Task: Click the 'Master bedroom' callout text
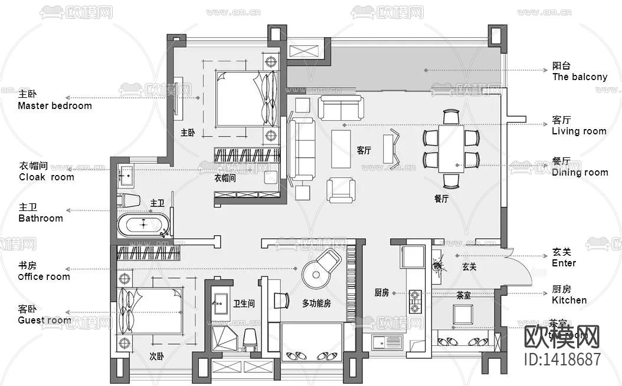pos(54,106)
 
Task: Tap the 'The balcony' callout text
pos(579,77)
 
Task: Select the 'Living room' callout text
pos(578,131)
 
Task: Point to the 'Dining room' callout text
pos(580,172)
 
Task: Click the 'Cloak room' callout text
pos(46,177)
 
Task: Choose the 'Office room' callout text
pos(44,276)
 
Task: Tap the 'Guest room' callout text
pos(44,321)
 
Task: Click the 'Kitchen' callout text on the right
pos(569,300)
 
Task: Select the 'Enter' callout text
pos(564,263)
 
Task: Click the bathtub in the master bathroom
pos(143,225)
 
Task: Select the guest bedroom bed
pos(149,311)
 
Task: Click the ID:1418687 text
pos(561,359)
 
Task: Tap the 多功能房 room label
pos(316,303)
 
